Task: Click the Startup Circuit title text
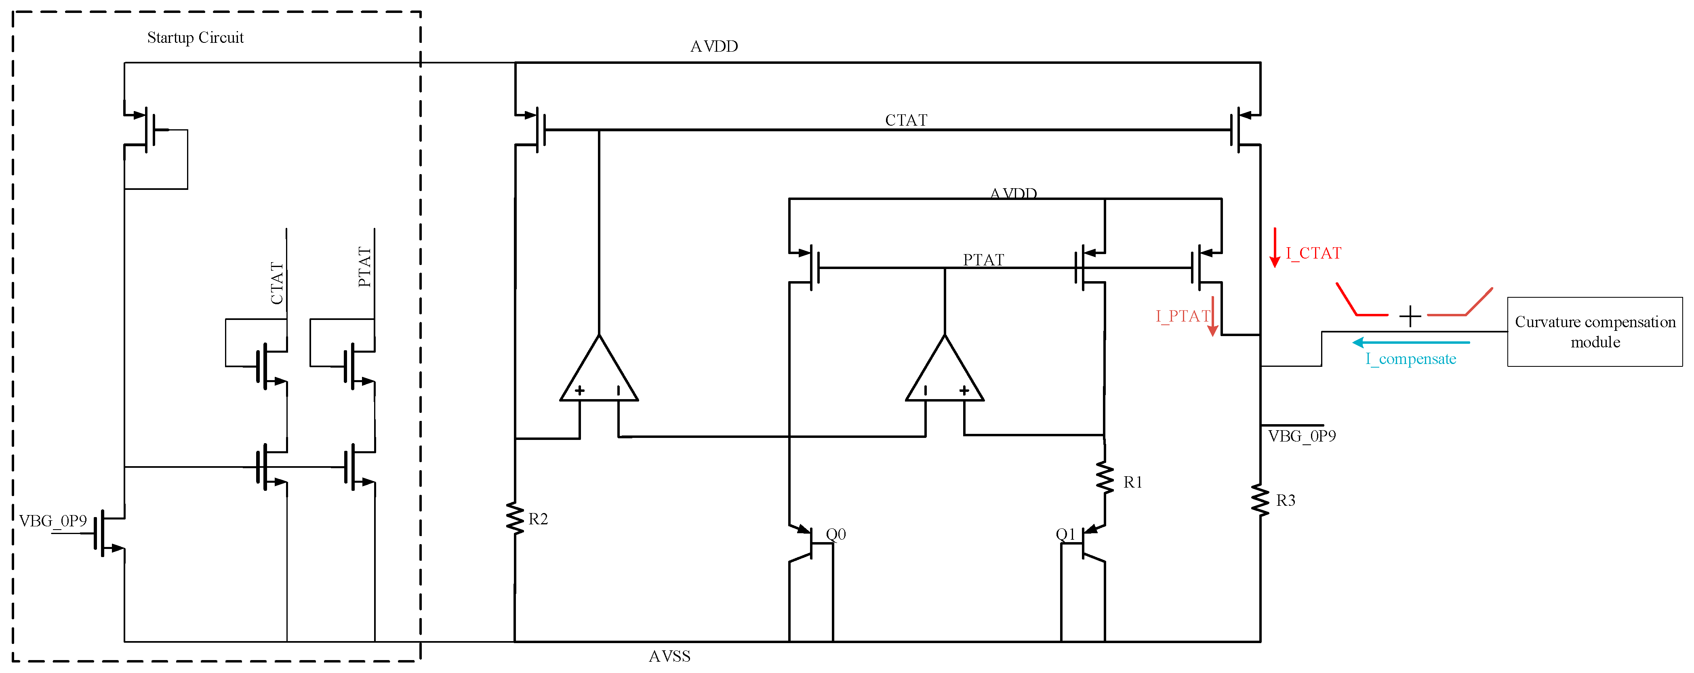(195, 38)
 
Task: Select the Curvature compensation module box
(1595, 332)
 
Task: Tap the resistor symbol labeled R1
(1105, 478)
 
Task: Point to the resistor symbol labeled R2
(515, 518)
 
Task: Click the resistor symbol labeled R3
(1260, 500)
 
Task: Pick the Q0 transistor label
(836, 534)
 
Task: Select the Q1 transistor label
(1065, 534)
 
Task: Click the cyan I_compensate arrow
(1410, 343)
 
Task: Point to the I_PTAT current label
(1183, 317)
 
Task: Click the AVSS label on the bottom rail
(669, 656)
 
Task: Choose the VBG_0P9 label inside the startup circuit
(53, 521)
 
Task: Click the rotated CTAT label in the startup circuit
(277, 283)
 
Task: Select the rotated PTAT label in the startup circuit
(365, 267)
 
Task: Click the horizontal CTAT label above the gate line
(905, 120)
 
